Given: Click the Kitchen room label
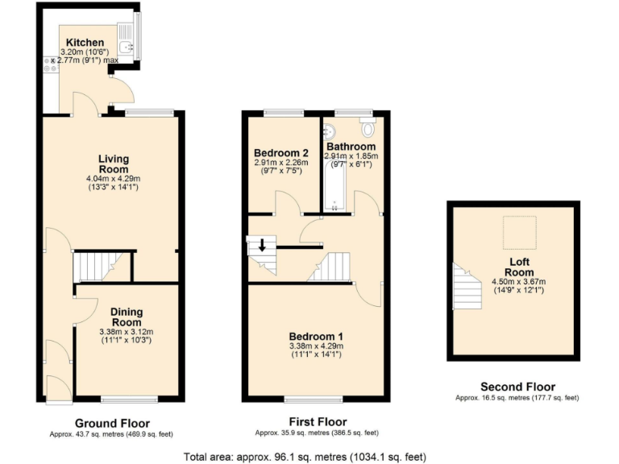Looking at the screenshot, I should coord(85,42).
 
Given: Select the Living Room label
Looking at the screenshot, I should coord(114,164).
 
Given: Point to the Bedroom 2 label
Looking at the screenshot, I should coord(281,153).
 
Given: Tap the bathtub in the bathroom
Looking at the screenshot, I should coord(334,186).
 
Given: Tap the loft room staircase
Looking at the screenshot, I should coord(467,288).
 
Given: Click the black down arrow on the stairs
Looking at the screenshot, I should coord(261,245).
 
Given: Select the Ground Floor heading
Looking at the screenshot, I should coord(112,423).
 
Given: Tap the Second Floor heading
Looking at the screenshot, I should coord(517,387).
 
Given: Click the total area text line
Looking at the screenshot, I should coord(305,457).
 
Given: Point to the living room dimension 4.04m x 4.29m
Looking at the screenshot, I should coord(113,179).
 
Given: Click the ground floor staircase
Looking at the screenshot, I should coord(96,266).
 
